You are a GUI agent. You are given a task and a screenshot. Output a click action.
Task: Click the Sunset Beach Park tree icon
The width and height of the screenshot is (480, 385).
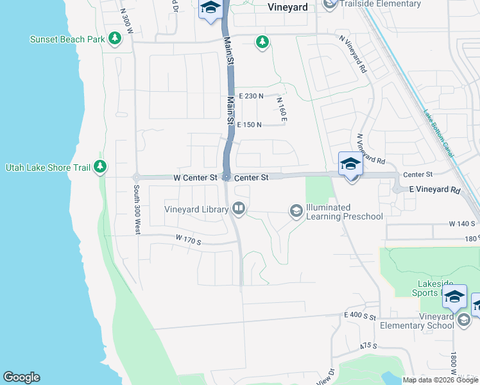tap(115, 39)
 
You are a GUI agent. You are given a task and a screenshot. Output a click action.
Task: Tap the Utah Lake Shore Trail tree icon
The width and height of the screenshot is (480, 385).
tap(99, 167)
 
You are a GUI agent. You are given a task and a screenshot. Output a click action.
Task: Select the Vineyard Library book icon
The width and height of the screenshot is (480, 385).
tap(238, 208)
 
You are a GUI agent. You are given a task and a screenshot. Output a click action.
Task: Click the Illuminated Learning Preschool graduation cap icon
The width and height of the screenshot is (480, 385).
tap(296, 210)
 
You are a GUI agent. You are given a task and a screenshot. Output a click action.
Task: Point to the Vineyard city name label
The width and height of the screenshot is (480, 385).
tap(287, 7)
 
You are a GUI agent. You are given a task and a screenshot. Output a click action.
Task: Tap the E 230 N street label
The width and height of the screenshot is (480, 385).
tap(251, 96)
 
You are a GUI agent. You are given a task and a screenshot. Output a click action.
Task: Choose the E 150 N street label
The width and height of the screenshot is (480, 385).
tap(250, 125)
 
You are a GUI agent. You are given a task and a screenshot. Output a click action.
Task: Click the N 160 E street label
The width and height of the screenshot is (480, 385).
tap(281, 110)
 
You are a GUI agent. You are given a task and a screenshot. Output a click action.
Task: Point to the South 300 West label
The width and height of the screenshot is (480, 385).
tap(136, 210)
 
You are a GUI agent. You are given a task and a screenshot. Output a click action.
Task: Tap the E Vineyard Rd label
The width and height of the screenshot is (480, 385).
tap(436, 191)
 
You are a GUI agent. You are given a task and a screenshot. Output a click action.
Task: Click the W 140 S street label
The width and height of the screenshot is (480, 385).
tap(461, 224)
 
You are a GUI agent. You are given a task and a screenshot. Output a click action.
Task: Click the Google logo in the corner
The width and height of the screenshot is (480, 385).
tap(21, 377)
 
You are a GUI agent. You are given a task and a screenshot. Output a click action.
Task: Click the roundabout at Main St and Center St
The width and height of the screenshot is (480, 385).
tap(226, 177)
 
